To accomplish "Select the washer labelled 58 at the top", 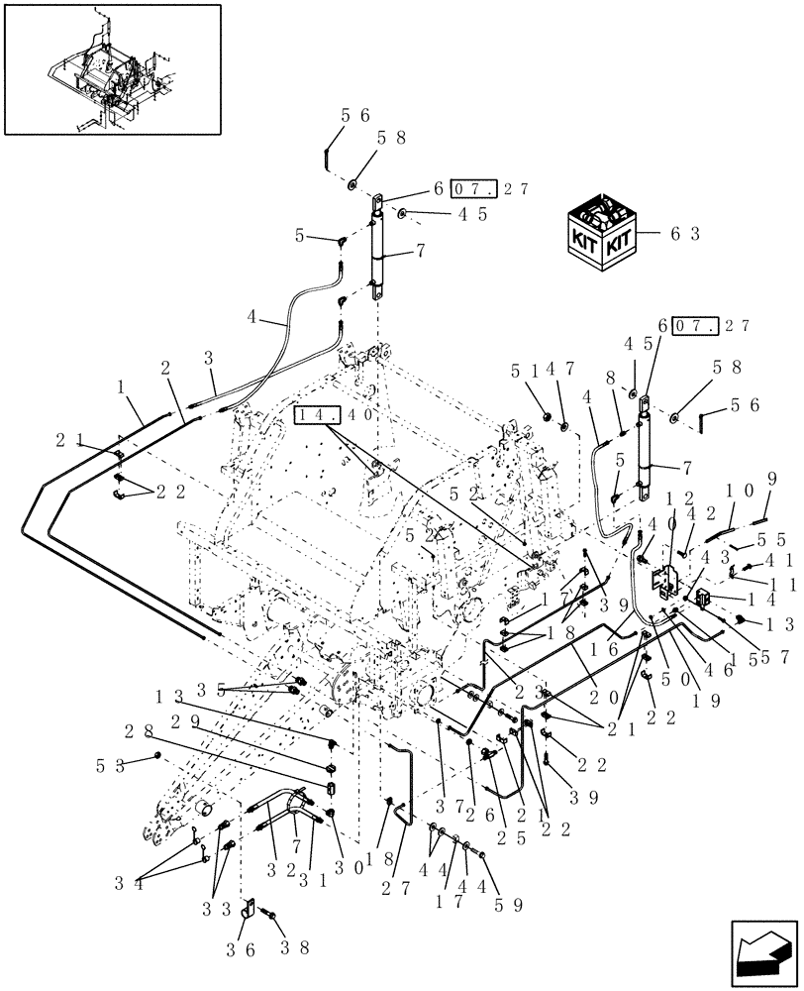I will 353,184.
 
